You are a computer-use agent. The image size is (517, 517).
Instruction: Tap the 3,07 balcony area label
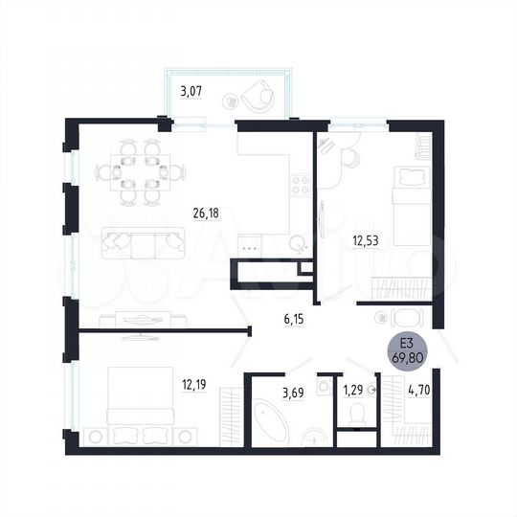point(191,92)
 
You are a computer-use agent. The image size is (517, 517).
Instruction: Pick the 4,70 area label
point(418,390)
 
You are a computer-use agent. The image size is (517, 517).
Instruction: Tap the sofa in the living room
point(142,243)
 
